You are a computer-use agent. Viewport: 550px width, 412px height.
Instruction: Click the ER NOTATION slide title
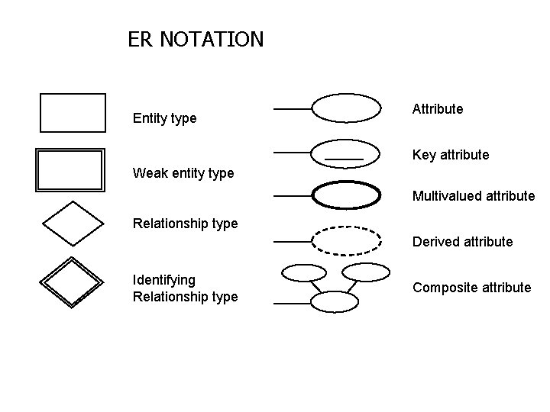pos(196,39)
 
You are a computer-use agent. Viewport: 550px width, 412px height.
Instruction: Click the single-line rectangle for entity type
pos(73,113)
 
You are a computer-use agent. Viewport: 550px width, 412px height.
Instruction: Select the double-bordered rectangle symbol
pos(70,170)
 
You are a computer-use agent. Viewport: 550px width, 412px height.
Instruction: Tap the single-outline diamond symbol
pos(73,224)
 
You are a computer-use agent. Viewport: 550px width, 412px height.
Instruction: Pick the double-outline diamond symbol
pos(71,282)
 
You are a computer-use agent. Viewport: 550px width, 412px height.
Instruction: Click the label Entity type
pos(164,118)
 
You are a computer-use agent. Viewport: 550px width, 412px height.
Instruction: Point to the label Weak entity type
pos(183,173)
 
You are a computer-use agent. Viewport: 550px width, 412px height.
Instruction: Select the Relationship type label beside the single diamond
pos(185,224)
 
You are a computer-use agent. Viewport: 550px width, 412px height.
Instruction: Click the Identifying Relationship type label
pos(185,288)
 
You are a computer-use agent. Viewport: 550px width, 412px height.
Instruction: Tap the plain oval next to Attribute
pos(346,108)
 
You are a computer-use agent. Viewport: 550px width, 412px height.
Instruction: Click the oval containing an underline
pos(346,152)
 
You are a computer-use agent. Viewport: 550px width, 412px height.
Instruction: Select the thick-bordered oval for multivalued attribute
pos(346,195)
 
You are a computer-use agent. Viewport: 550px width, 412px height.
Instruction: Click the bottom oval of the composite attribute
pos(335,302)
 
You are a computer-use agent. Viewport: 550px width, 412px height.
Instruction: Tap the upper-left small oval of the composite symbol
pos(303,272)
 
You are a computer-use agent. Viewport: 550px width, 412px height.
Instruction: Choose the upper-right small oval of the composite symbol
pos(365,272)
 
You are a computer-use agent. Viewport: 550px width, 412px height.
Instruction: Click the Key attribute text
pos(451,155)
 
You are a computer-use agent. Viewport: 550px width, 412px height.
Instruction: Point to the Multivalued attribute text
pos(474,196)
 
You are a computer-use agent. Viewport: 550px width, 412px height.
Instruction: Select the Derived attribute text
pos(462,242)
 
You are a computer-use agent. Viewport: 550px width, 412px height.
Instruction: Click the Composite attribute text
pos(471,288)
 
